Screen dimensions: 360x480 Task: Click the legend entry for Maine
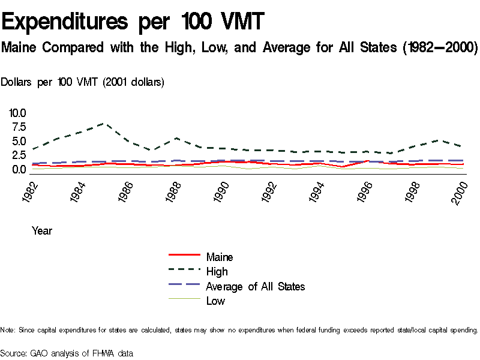(x=220, y=257)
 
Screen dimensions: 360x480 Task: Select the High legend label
(x=217, y=272)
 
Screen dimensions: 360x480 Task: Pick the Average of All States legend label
(x=255, y=286)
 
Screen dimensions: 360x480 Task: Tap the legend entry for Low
(x=215, y=301)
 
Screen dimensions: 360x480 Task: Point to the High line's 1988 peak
(x=176, y=138)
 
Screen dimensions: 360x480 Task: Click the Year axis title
(x=42, y=230)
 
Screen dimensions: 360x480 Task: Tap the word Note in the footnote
(x=8, y=330)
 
